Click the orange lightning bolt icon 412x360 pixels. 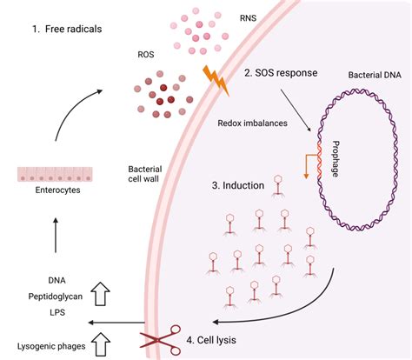[215, 77]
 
